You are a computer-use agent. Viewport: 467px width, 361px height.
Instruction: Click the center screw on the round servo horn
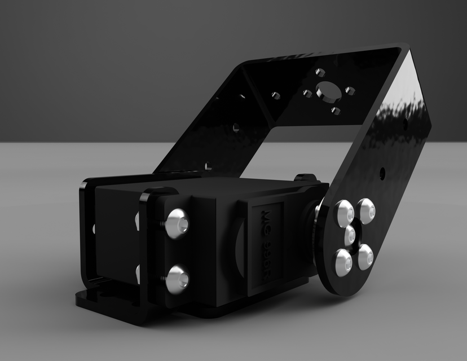[350, 234]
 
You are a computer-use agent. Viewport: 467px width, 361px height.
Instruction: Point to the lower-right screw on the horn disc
[365, 257]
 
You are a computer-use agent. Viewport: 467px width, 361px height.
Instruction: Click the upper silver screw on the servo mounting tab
[177, 222]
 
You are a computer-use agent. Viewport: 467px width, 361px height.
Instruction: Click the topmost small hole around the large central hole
[320, 72]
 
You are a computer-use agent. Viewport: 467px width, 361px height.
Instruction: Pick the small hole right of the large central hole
[349, 90]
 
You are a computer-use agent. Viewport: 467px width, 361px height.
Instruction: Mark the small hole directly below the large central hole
[336, 110]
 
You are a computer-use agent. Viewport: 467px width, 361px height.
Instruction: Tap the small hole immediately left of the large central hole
[307, 93]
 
